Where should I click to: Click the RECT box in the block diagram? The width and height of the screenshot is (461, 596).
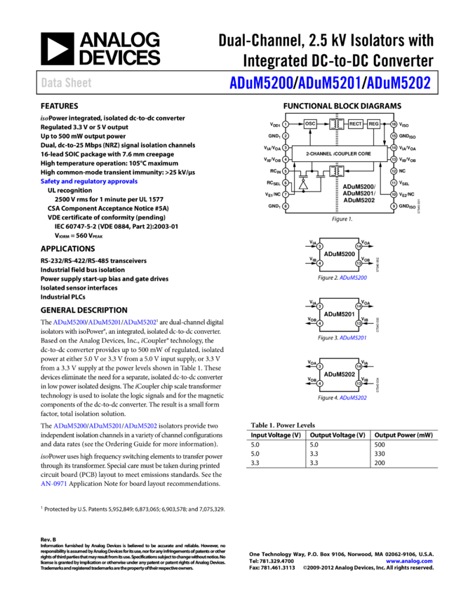[356, 124]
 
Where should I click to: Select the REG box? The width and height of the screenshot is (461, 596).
[373, 124]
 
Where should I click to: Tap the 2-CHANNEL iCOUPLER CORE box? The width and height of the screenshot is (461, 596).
[339, 154]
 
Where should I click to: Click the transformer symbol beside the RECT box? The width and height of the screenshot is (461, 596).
[337, 124]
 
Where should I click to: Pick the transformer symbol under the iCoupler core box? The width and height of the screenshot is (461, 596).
[337, 171]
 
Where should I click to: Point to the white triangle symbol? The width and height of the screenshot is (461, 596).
[303, 185]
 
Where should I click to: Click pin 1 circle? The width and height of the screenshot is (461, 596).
[286, 124]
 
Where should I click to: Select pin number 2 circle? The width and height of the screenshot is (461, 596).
[286, 136]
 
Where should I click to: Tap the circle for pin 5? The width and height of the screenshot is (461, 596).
[286, 171]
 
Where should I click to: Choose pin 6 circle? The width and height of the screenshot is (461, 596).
[286, 183]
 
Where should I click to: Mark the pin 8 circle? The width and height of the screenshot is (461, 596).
[286, 206]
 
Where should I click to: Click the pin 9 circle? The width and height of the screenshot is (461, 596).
[394, 206]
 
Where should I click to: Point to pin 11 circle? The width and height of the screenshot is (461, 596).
[394, 183]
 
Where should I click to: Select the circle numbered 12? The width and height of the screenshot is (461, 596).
[394, 171]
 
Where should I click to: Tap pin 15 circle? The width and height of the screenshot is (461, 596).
[394, 136]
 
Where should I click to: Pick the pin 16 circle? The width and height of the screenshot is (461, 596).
[394, 124]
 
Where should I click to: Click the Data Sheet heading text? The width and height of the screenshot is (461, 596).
[66, 83]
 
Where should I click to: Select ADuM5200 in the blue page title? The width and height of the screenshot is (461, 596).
[260, 83]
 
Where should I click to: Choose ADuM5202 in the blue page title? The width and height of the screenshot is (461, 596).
[399, 83]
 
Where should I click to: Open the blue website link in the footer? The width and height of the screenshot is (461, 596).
[409, 562]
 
